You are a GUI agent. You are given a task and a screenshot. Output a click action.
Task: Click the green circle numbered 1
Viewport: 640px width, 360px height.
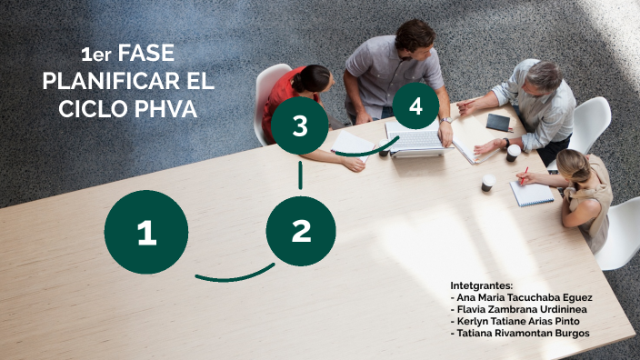[146, 232]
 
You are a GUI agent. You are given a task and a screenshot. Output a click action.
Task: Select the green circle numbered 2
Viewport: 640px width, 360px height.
[301, 231]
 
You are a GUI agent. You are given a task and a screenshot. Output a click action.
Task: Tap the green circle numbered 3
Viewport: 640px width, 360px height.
[300, 127]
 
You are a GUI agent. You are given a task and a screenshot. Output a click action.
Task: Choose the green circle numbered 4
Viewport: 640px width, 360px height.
[415, 106]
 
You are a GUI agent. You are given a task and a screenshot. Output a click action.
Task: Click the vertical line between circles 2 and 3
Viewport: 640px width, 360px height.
[300, 175]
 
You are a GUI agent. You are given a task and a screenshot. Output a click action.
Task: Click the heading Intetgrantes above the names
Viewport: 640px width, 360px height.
[482, 285]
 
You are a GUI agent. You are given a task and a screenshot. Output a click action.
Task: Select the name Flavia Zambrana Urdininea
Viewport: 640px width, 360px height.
[524, 309]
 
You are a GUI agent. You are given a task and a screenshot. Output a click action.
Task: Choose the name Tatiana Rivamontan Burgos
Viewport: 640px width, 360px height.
[519, 333]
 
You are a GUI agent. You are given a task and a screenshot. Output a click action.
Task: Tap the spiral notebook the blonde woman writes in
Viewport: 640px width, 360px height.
[531, 192]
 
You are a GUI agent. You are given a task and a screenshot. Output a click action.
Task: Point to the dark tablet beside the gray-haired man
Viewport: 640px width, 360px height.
[498, 122]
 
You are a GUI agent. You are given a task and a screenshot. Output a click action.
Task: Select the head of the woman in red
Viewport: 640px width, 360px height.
[313, 78]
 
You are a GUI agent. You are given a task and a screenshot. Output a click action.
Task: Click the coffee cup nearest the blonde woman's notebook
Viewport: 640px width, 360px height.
[488, 183]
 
